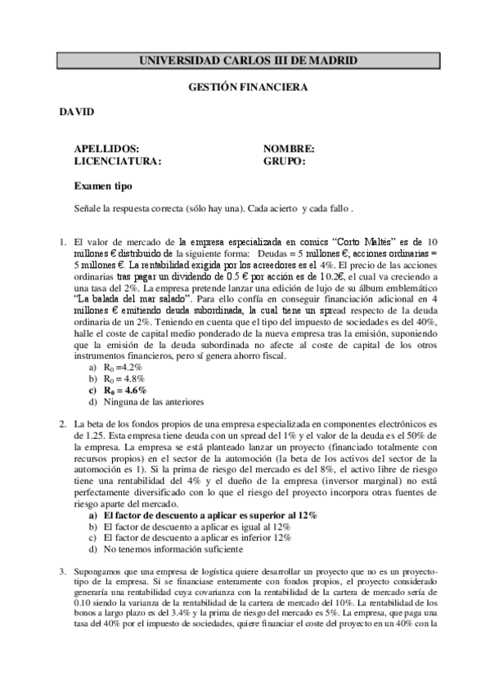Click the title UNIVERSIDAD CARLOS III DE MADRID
pyautogui.click(x=248, y=60)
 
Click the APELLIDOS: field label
pyautogui.click(x=105, y=149)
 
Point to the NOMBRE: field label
pyautogui.click(x=289, y=149)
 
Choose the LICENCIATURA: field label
pyautogui.click(x=117, y=161)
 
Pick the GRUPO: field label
pyautogui.click(x=284, y=161)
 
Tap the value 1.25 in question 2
pyautogui.click(x=83, y=436)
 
